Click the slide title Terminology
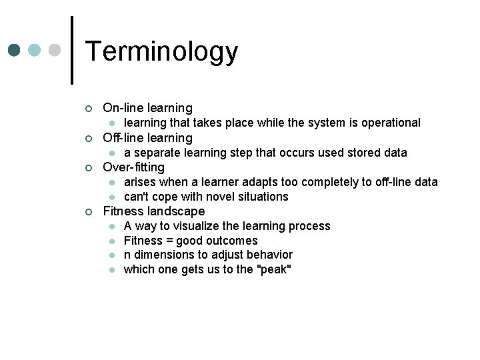pyautogui.click(x=161, y=51)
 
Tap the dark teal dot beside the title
pyautogui.click(x=15, y=51)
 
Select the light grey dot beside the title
pyautogui.click(x=55, y=51)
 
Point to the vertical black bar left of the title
pyautogui.click(x=71, y=50)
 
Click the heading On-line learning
pyautogui.click(x=147, y=108)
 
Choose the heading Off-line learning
pyautogui.click(x=147, y=138)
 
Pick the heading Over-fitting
pyautogui.click(x=133, y=167)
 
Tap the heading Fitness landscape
pyautogui.click(x=153, y=211)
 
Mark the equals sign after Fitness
pyautogui.click(x=167, y=241)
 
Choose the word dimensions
pyautogui.click(x=161, y=255)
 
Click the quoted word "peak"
pyautogui.click(x=274, y=269)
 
